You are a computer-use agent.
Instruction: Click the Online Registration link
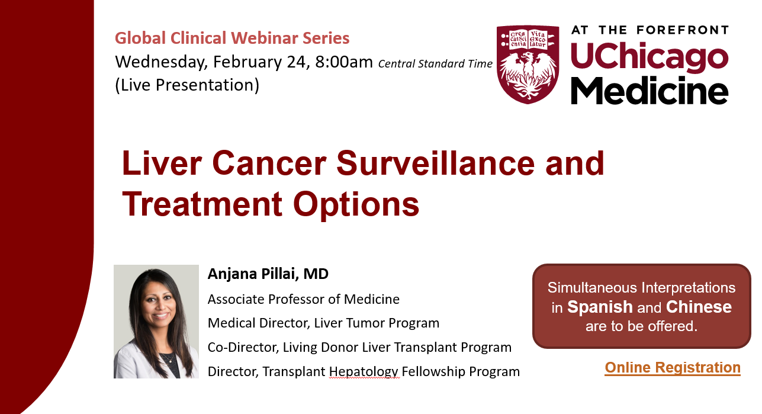click(x=672, y=368)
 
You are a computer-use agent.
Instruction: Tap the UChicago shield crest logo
click(x=528, y=65)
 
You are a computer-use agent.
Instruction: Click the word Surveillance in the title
click(x=435, y=163)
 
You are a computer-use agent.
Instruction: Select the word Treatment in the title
click(x=202, y=204)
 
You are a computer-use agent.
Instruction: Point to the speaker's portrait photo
click(x=156, y=322)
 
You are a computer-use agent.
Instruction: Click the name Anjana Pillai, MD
click(x=268, y=274)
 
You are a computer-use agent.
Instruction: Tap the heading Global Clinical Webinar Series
click(x=232, y=38)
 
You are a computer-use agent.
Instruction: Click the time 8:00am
click(x=343, y=62)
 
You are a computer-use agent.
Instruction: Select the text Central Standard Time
click(x=435, y=63)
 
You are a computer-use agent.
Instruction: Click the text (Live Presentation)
click(x=187, y=85)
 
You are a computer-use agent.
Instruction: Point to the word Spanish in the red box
click(x=600, y=307)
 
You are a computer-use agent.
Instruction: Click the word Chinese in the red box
click(x=699, y=307)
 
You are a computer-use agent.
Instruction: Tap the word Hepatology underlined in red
click(x=364, y=371)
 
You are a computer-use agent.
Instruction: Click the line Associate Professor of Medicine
click(x=304, y=299)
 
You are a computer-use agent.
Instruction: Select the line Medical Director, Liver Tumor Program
click(x=323, y=323)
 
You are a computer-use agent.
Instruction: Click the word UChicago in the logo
click(x=650, y=56)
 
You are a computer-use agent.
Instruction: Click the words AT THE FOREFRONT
click(x=650, y=30)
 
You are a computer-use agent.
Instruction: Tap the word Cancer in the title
click(x=269, y=163)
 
